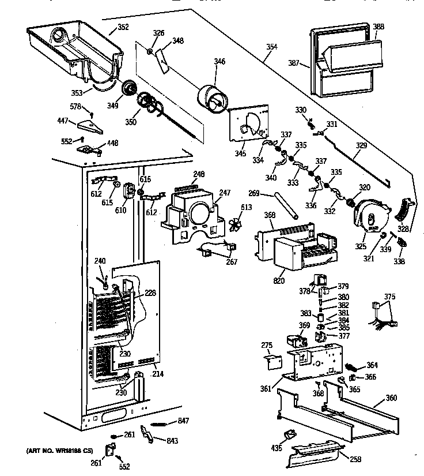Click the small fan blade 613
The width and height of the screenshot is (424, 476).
tap(233, 225)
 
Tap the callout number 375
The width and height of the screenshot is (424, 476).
tap(390, 297)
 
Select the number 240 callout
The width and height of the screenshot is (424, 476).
tap(100, 262)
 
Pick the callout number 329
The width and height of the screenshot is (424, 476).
tap(360, 146)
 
